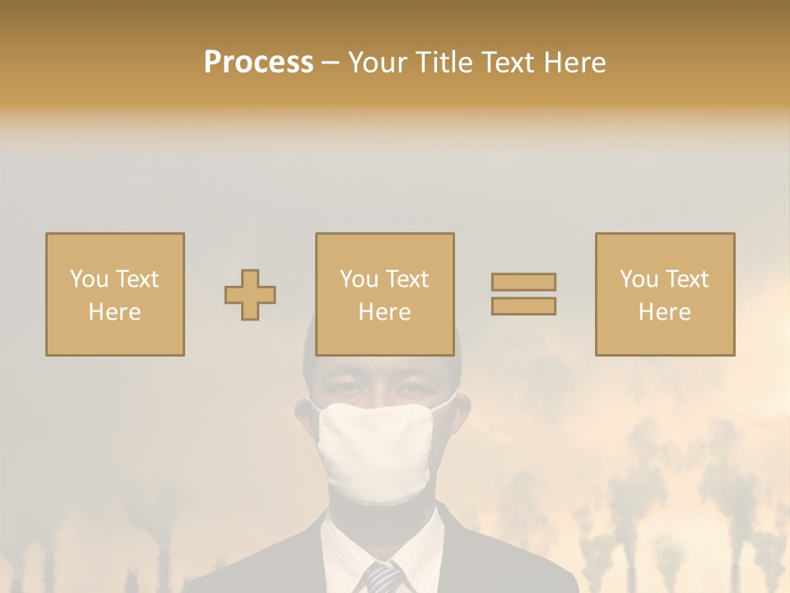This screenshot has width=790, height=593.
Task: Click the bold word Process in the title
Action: tap(258, 63)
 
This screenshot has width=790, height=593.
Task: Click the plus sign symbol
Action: tap(250, 294)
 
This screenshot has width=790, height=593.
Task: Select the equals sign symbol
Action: tap(523, 294)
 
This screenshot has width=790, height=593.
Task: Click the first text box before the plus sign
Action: tap(115, 294)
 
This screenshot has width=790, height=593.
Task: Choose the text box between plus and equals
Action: tap(385, 294)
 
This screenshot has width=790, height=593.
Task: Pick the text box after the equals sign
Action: tap(665, 294)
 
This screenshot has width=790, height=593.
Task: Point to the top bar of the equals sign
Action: tap(523, 282)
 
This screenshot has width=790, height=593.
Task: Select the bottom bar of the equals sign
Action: tap(523, 306)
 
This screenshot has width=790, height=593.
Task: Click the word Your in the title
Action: tap(379, 63)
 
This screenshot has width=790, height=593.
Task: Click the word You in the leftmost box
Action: tap(88, 278)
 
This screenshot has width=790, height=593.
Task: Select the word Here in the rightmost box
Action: tap(665, 311)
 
